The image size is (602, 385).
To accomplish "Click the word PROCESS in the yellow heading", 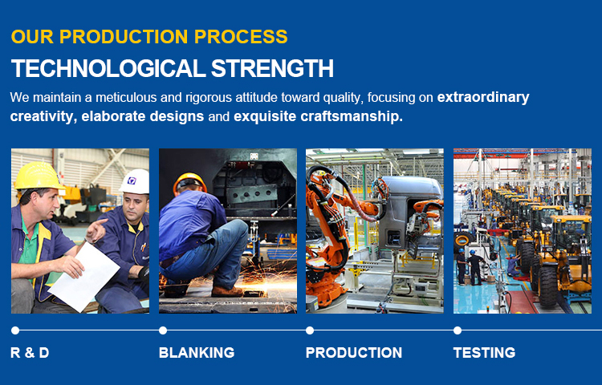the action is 241,37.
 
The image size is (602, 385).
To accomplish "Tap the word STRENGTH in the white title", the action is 272,68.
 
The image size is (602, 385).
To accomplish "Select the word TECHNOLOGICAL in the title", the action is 108,68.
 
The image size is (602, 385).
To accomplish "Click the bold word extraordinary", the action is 483,97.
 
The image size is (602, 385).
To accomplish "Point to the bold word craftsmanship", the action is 352,116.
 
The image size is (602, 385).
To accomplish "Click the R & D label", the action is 30,353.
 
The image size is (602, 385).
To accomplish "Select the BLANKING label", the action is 197,353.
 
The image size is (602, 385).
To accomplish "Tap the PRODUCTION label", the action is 354,353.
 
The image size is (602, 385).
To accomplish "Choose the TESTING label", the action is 484,353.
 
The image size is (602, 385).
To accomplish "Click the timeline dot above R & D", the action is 15,330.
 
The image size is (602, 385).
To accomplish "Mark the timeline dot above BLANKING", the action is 163,330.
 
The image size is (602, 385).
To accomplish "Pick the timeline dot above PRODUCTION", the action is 310,330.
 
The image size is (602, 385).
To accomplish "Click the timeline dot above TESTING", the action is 458,330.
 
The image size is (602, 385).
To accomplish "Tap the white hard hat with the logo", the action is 135,181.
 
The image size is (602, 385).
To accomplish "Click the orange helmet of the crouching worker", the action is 189,182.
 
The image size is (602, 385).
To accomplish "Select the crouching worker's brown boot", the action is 227,292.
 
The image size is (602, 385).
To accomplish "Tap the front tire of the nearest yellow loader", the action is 547,286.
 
